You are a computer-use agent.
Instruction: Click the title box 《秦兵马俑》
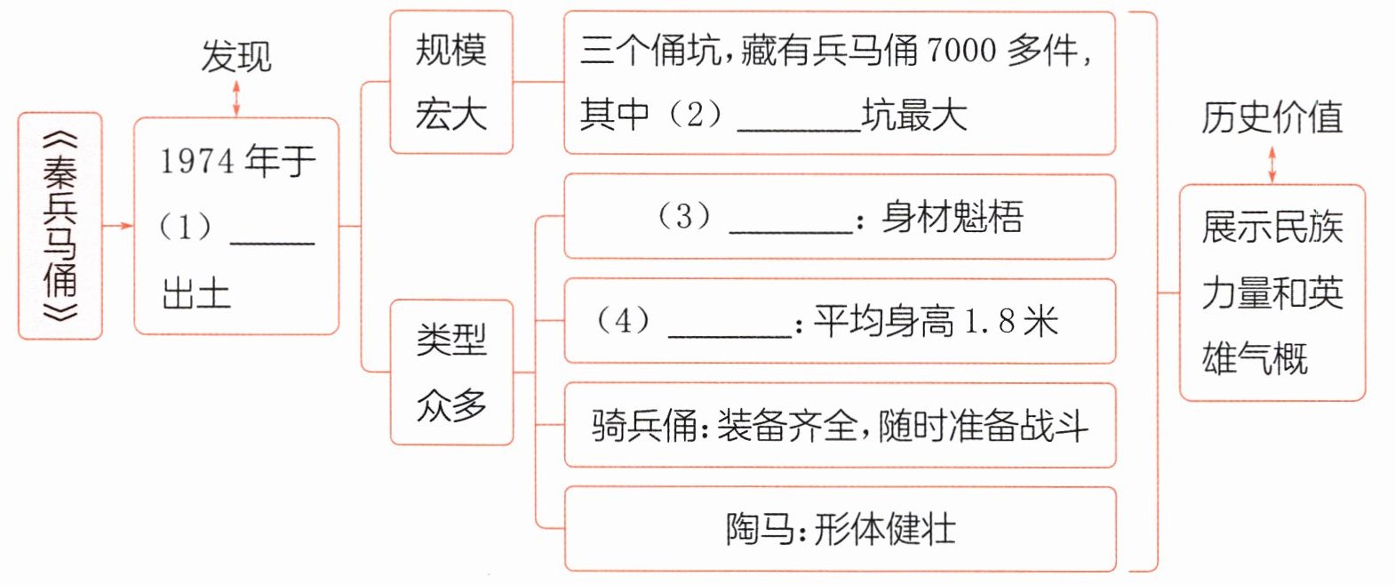60,226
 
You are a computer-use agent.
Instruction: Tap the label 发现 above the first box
236,56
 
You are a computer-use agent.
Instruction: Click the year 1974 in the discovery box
196,161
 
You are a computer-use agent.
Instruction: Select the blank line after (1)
272,243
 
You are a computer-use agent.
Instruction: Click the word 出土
196,293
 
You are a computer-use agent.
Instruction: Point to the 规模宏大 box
451,82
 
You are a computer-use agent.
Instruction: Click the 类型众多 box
452,373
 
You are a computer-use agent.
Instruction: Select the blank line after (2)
799,130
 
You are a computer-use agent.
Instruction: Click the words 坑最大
914,116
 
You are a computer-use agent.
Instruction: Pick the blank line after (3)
791,233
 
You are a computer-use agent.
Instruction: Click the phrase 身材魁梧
953,217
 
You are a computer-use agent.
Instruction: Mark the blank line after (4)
729,337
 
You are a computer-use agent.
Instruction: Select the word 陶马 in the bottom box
761,530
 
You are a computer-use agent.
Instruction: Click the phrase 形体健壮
885,530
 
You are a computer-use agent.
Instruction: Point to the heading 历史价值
1271,117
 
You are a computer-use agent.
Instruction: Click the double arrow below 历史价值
1272,165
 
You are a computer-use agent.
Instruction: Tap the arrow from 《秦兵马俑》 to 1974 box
117,226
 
